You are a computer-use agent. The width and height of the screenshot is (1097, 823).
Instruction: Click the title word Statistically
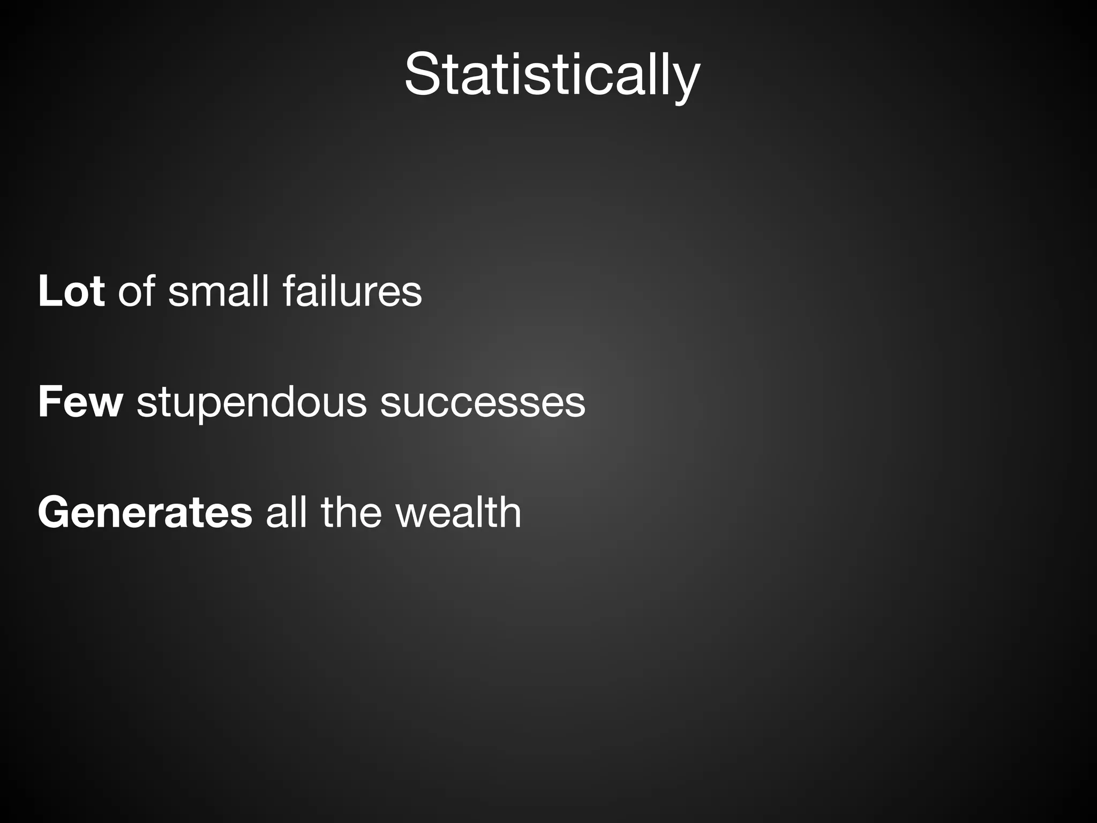[x=552, y=75]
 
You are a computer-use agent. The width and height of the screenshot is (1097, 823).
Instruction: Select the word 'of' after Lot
[x=136, y=292]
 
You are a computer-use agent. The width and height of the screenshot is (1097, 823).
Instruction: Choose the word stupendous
[x=251, y=403]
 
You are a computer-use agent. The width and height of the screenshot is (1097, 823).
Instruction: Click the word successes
[x=483, y=403]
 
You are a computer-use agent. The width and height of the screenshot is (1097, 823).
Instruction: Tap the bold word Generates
[x=145, y=513]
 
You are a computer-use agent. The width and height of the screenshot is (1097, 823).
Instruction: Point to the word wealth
[x=458, y=512]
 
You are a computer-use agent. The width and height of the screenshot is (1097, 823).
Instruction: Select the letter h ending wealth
[x=509, y=512]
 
